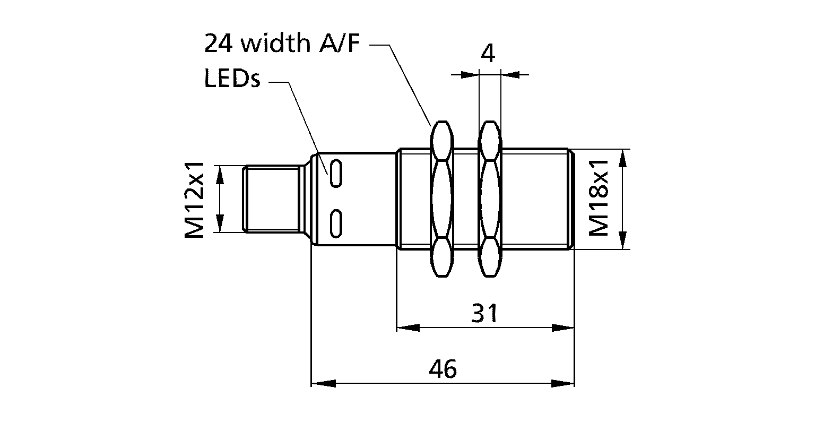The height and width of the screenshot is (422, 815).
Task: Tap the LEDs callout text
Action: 231,80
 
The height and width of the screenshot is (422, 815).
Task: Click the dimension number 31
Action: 485,314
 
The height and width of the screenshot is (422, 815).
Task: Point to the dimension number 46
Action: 443,369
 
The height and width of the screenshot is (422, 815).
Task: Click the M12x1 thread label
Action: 195,199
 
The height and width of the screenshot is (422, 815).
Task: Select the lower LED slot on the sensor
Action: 335,222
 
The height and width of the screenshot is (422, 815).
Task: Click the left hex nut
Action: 441,199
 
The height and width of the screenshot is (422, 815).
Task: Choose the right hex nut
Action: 489,199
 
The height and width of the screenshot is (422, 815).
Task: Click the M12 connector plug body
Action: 271,199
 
